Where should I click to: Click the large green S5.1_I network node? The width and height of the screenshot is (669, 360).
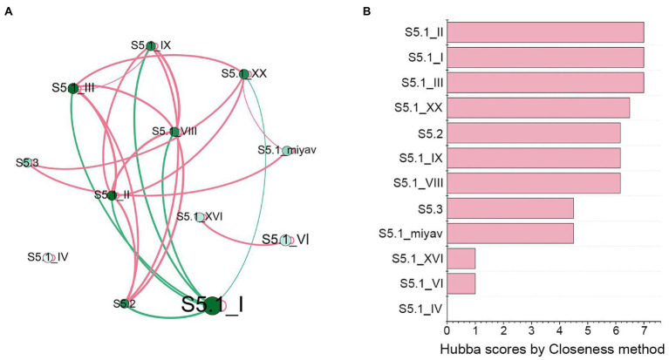point(212,306)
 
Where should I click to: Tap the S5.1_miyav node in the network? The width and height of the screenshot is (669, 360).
point(286,150)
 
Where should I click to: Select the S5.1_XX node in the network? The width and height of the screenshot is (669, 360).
point(244,73)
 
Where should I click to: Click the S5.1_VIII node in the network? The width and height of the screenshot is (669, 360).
point(175,132)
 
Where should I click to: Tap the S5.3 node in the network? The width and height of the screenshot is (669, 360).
point(32,162)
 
